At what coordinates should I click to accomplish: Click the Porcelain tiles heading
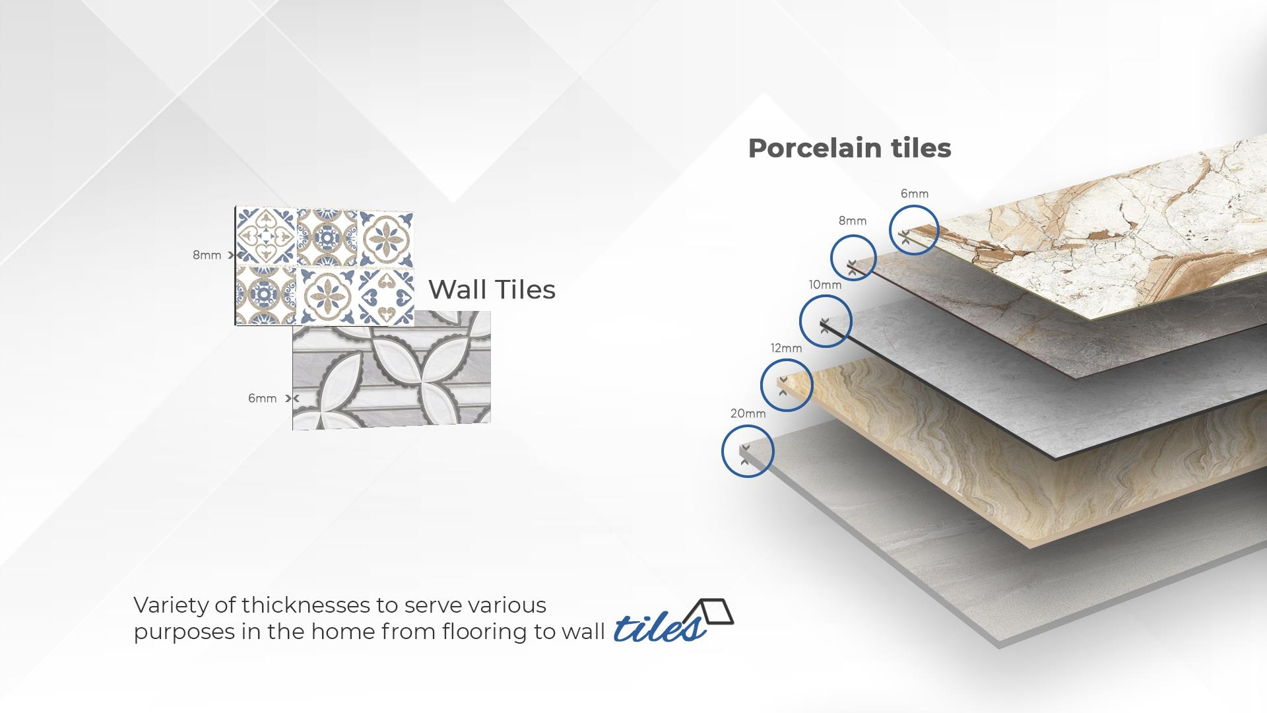(849, 148)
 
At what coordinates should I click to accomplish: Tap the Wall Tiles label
(492, 289)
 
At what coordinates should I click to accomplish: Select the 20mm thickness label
(748, 413)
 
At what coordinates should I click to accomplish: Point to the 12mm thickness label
(786, 348)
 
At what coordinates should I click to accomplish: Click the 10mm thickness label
(825, 285)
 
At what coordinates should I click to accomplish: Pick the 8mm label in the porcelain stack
(853, 221)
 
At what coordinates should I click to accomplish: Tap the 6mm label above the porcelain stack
(915, 193)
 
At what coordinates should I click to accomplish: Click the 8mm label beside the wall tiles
(207, 255)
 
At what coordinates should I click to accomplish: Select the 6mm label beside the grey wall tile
(262, 398)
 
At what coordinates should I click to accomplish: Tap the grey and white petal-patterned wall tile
(391, 370)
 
